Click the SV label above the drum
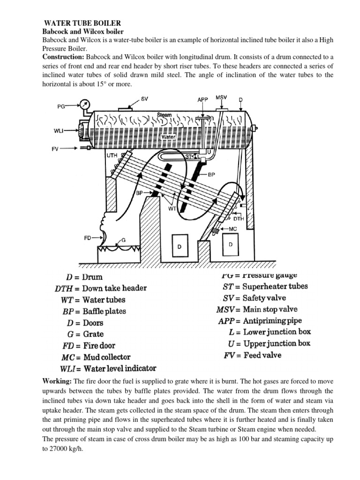click(145, 99)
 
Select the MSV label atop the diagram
click(221, 97)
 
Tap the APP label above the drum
click(202, 99)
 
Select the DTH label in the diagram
click(239, 218)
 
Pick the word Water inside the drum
click(167, 137)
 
